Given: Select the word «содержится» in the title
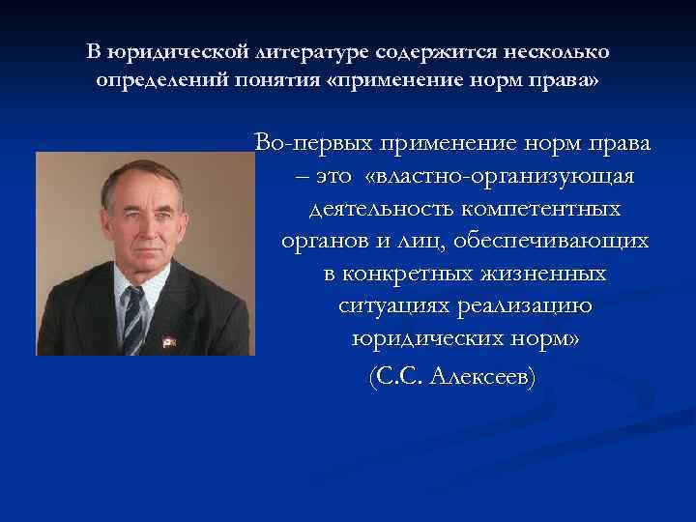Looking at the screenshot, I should click(437, 50).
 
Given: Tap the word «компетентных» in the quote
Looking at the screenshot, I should click(543, 209).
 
